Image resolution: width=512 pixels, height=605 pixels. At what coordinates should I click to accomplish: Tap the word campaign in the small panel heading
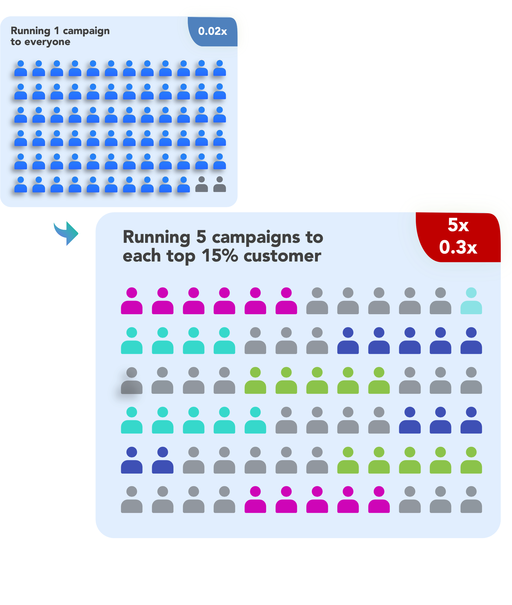(x=86, y=31)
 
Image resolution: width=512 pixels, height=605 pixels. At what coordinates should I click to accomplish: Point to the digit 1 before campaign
(x=57, y=31)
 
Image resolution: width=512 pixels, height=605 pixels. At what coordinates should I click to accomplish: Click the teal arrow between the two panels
(x=73, y=236)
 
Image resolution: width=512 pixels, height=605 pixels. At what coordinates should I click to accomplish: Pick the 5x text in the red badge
(x=458, y=225)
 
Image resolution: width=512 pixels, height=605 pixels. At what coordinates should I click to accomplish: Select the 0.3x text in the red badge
(x=458, y=247)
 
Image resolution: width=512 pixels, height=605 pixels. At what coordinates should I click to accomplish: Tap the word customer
(x=282, y=256)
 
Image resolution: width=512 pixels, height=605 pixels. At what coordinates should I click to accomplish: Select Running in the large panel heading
(x=157, y=237)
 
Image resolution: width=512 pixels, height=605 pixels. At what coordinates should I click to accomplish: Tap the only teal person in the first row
(x=471, y=301)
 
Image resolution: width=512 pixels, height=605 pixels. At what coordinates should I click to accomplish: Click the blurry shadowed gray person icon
(x=132, y=381)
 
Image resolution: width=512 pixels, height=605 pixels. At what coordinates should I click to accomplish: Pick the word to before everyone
(x=16, y=42)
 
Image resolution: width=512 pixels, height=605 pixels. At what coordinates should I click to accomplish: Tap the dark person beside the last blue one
(x=201, y=184)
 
